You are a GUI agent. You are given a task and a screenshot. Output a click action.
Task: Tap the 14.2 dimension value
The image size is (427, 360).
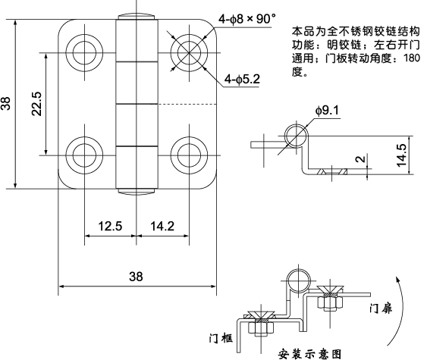(x=162, y=226)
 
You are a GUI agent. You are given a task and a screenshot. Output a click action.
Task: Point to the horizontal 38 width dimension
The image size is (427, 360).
(x=135, y=277)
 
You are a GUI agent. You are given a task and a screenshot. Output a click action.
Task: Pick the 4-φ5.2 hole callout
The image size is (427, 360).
(x=242, y=79)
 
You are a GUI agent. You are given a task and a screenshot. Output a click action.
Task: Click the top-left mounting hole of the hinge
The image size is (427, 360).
(x=80, y=52)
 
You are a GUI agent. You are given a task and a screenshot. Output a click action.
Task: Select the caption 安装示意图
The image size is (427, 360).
(x=306, y=352)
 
